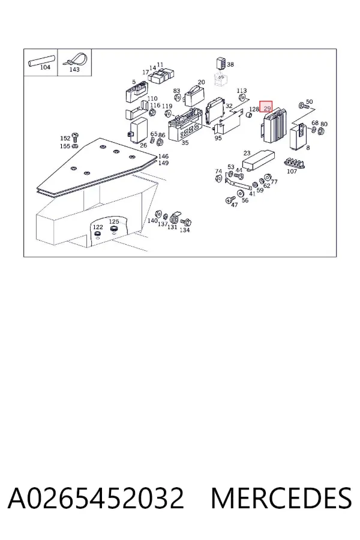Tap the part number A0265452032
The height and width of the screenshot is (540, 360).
coord(96,498)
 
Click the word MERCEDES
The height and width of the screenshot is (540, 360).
coord(281,498)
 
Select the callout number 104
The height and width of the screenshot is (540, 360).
coord(45,67)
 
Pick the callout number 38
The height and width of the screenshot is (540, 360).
coord(230,64)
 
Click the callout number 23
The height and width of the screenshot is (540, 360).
coord(247,153)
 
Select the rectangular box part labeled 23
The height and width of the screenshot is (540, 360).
coord(259,160)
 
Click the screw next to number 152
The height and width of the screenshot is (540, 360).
coord(75,137)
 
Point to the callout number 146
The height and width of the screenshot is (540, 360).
coord(163,157)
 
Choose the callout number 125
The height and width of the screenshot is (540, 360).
coord(113,221)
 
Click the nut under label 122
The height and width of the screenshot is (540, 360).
coord(97,235)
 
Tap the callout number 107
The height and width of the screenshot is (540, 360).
coord(292,171)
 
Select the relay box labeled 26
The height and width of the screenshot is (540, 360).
coord(139,130)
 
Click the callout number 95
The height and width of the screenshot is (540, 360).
coord(218,138)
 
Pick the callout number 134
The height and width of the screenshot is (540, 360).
coord(185,230)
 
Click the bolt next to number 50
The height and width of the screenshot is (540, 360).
coord(303,106)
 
